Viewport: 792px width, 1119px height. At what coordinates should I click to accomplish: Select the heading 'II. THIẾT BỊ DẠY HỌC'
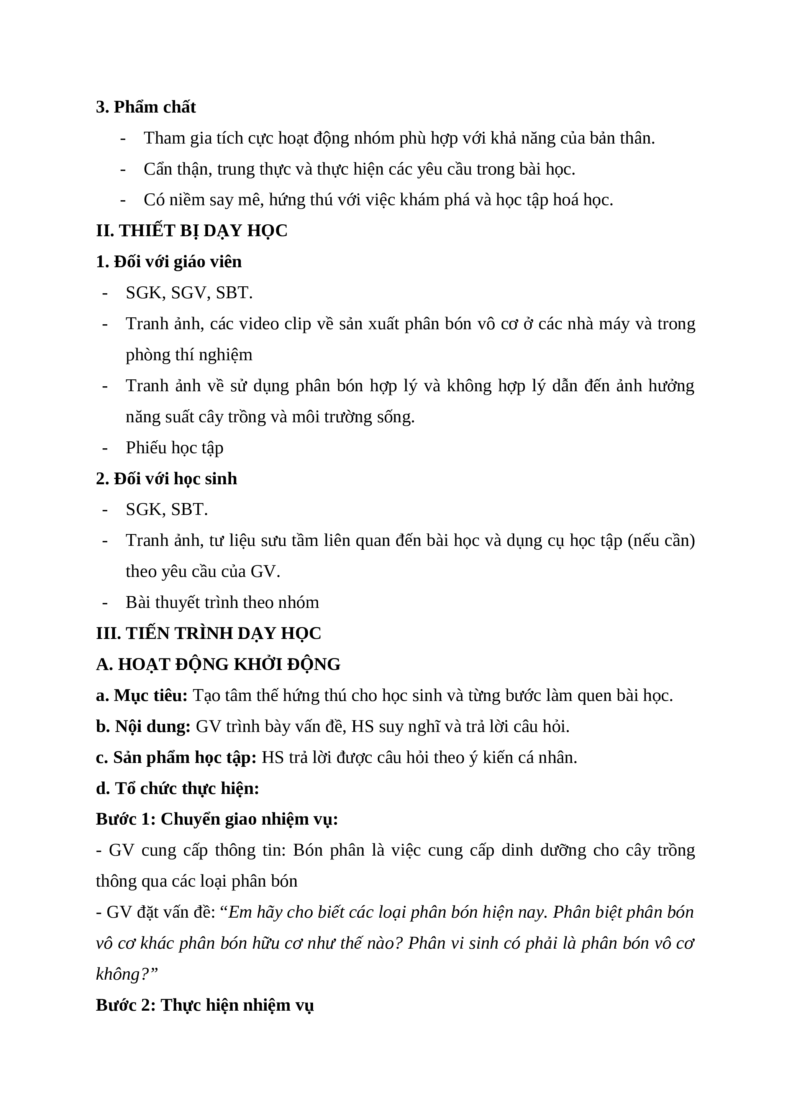pyautogui.click(x=192, y=231)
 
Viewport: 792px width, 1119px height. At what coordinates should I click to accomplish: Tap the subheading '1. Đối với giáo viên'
pyautogui.click(x=169, y=262)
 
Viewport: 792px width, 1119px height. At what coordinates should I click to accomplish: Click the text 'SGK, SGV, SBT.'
pyautogui.click(x=189, y=293)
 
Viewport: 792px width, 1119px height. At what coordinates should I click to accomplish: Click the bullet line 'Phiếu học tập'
pyautogui.click(x=175, y=448)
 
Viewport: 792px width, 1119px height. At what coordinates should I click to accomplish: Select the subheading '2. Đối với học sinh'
pyautogui.click(x=166, y=479)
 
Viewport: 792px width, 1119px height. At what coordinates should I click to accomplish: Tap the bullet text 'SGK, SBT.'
pyautogui.click(x=167, y=510)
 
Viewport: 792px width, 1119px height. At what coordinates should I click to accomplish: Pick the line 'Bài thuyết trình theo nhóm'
pyautogui.click(x=222, y=603)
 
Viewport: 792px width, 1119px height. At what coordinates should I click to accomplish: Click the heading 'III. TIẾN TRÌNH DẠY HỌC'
pyautogui.click(x=209, y=634)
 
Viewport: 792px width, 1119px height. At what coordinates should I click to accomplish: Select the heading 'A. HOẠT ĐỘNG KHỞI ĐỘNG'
pyautogui.click(x=218, y=665)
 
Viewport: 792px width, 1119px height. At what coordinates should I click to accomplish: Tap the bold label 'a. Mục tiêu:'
pyautogui.click(x=141, y=696)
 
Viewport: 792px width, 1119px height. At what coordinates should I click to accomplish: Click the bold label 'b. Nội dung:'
pyautogui.click(x=143, y=727)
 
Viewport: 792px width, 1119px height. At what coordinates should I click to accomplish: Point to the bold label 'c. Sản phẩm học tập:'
pyautogui.click(x=176, y=758)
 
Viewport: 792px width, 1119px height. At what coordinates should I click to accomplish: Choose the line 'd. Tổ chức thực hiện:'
pyautogui.click(x=177, y=789)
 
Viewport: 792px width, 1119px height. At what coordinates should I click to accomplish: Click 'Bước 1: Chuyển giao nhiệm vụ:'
pyautogui.click(x=217, y=820)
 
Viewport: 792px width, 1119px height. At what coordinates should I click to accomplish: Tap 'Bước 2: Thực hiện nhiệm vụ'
pyautogui.click(x=205, y=1005)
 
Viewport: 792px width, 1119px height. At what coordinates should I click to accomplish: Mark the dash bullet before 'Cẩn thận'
pyautogui.click(x=123, y=170)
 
